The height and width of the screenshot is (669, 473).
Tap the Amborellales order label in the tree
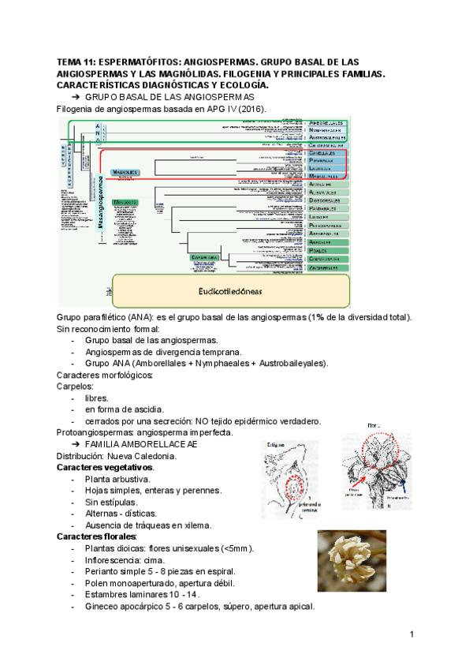click(325, 123)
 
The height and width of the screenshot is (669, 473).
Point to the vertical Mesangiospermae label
click(101, 204)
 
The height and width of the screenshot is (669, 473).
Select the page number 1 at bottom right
click(412, 633)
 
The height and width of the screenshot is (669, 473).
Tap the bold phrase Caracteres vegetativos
click(105, 467)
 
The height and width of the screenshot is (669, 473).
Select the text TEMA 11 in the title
click(75, 62)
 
